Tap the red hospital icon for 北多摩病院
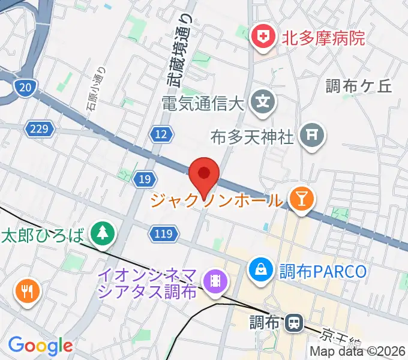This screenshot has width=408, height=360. pos(263,38)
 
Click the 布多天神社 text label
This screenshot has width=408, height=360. pos(253,137)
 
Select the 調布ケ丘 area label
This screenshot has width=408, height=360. pos(358,86)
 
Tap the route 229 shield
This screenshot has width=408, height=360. pos(40,128)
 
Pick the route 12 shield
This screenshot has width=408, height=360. pos(161,135)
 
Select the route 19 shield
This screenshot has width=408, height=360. pos(144,179)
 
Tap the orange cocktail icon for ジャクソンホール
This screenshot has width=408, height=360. pos(300,199)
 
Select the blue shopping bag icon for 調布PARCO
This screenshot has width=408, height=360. pos(262,269)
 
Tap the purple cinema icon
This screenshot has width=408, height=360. pos(214,280)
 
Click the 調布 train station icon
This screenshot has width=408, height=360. pos(294,323)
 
